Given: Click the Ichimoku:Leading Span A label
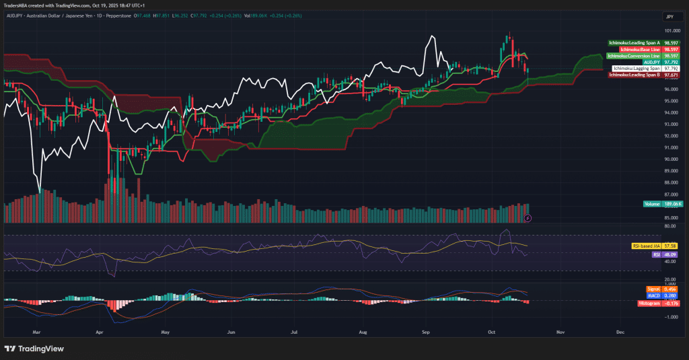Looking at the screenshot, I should [x=634, y=42].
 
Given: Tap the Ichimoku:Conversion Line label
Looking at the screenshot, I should [x=633, y=55].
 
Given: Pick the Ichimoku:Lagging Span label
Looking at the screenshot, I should [x=636, y=69].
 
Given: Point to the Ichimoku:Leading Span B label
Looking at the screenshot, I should [x=634, y=75].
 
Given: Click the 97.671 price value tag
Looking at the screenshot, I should [x=670, y=75].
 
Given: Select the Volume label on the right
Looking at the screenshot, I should [x=652, y=203].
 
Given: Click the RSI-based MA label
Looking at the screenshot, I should [x=645, y=247].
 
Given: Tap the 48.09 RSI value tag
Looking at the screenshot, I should [x=670, y=255].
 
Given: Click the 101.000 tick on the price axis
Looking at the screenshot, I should [x=670, y=31].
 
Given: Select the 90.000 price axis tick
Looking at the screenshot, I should [x=670, y=159].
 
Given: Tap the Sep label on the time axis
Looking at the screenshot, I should [x=425, y=332].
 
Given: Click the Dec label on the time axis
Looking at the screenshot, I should [x=619, y=332].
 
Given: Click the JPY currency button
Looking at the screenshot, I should [x=669, y=16].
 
